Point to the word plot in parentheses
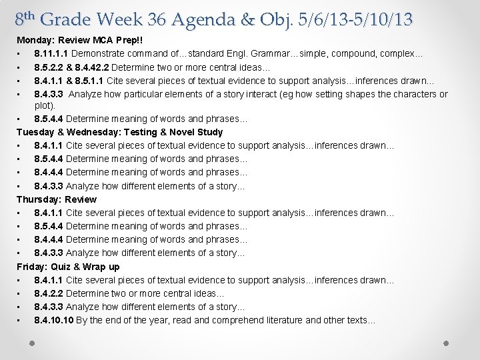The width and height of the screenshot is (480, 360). coord(44,105)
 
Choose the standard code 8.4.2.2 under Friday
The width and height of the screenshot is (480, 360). coord(49,293)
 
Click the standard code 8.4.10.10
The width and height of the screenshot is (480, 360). coord(54,320)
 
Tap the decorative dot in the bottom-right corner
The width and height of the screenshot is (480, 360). coord(446,343)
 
